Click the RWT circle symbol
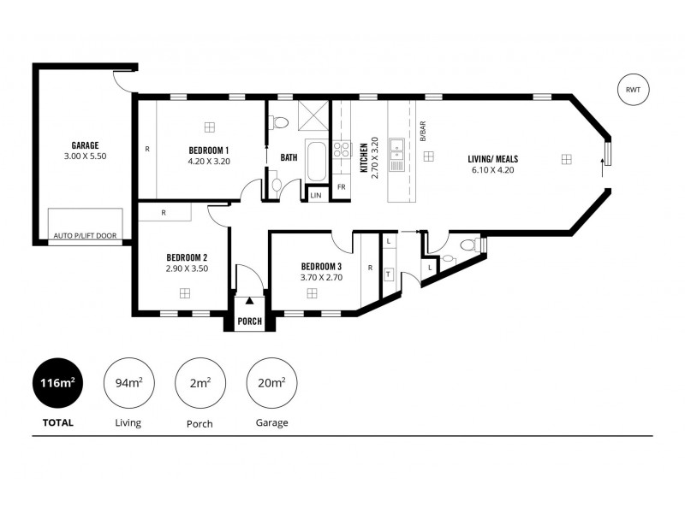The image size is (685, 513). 634,90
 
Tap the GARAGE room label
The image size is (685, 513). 85,145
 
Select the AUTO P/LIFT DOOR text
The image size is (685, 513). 86,235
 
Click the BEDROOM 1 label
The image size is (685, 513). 209,150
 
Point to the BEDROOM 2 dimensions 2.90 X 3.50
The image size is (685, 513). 187,268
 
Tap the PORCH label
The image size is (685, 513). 250,322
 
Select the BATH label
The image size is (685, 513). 289,157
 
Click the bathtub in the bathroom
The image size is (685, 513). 316,162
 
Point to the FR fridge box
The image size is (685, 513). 341,186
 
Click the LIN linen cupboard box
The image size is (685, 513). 316,195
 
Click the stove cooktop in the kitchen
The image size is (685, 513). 341,150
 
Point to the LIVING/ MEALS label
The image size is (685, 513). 492,158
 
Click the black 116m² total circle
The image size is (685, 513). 54,383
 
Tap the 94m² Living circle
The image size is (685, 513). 128,383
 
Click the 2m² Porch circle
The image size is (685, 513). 200,383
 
